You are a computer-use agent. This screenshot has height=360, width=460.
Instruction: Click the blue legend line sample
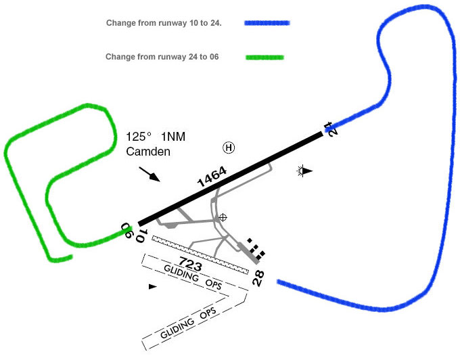[x=267, y=23]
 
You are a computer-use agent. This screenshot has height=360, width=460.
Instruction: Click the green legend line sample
[x=264, y=58]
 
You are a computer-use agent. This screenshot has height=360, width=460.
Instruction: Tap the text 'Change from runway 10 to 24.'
[x=164, y=23]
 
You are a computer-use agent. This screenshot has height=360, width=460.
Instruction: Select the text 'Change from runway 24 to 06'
[x=162, y=57]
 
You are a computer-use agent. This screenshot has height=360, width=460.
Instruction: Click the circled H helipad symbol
[x=229, y=147]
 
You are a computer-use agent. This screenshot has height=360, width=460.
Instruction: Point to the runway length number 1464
[x=211, y=177]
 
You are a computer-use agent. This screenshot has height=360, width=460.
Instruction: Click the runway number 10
[x=141, y=236]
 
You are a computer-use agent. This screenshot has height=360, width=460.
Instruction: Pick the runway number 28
[x=258, y=277]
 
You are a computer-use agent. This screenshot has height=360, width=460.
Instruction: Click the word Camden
[x=148, y=152]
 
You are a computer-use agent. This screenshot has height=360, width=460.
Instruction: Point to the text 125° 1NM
[x=156, y=137]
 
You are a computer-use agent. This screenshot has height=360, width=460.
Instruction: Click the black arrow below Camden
[x=150, y=173]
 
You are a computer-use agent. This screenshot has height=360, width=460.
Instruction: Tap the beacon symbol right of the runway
[x=304, y=171]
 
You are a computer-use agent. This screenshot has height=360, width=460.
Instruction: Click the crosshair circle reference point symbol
[x=223, y=217]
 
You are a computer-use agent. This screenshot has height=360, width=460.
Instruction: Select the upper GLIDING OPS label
[x=193, y=278]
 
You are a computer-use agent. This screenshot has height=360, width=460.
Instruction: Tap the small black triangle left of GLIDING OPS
[x=152, y=287]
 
